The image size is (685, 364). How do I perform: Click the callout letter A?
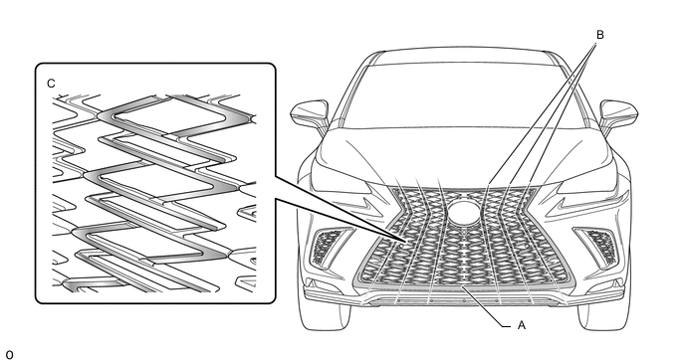pos(521,325)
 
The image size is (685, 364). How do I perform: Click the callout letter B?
pos(599,35)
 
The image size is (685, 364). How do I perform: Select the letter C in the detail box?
pos(51,84)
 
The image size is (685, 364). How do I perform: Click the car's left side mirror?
pos(311,114)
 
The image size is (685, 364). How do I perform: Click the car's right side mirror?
pos(618,114)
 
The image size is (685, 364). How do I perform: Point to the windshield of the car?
pos(463,96)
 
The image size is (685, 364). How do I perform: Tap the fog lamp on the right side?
pos(600,247)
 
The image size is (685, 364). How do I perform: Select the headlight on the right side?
pos(583,180)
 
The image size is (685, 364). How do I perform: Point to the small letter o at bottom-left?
pos(10,355)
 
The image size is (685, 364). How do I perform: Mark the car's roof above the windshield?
pos(464,55)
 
